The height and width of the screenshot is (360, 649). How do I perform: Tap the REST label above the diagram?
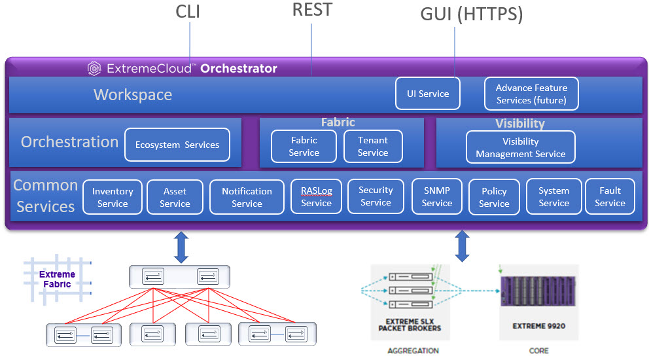(x=312, y=10)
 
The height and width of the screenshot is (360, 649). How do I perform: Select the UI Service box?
(x=428, y=94)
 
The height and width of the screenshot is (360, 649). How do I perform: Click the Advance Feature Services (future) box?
(x=531, y=94)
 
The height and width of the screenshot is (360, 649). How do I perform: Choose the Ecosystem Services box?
(x=177, y=145)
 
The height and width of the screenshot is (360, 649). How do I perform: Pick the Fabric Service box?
(x=304, y=146)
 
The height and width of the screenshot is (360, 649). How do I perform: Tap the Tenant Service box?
(x=373, y=146)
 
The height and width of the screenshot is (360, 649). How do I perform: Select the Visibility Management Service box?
(x=520, y=147)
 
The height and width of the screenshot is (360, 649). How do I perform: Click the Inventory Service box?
(x=113, y=197)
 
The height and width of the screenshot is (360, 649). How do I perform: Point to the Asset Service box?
(x=175, y=197)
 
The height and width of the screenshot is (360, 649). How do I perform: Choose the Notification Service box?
(x=247, y=197)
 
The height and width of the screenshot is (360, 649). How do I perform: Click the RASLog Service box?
(x=316, y=196)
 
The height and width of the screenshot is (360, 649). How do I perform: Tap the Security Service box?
(x=376, y=196)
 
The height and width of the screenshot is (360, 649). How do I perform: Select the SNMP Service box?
(x=437, y=196)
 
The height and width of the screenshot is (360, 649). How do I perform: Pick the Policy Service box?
(x=494, y=197)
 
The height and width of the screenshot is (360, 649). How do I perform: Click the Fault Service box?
(x=610, y=196)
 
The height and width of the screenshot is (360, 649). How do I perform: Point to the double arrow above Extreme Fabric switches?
(x=182, y=246)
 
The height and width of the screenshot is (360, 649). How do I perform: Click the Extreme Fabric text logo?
(x=57, y=279)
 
